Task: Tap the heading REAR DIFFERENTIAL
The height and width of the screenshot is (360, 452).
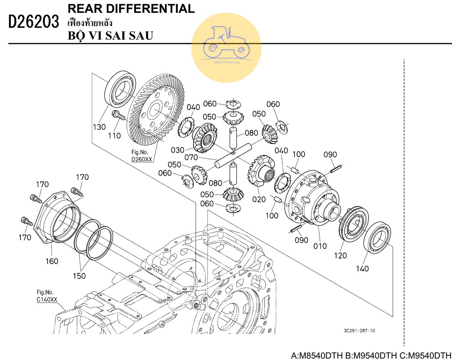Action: pos(131,9)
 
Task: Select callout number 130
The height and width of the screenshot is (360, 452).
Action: pos(99,127)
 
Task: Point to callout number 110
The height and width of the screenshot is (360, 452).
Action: pos(114,136)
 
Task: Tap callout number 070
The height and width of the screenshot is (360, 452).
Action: pos(191,157)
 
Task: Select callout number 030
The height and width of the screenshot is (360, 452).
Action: pos(178,150)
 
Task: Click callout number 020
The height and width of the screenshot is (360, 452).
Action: pos(259,199)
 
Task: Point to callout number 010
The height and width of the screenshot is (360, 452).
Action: pos(320,246)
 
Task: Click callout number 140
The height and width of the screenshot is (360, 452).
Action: pos(362,268)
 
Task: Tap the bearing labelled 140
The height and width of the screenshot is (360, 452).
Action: pos(377,237)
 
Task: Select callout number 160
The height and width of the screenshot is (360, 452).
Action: pos(52,261)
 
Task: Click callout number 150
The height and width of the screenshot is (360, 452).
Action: pos(79,275)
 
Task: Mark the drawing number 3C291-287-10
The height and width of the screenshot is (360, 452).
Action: pos(359,330)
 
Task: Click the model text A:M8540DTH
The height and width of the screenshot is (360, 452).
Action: pos(317,356)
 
